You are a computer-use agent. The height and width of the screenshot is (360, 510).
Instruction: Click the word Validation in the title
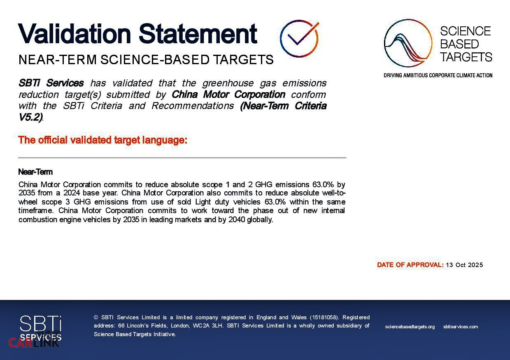[74, 33]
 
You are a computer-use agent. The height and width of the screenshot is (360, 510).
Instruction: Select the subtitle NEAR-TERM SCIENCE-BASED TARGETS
[146, 60]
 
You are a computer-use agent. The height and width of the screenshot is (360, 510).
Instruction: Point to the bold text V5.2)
[30, 117]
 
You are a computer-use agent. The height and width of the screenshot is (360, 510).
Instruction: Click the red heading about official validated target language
[102, 140]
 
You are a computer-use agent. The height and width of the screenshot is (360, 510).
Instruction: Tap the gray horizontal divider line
[182, 158]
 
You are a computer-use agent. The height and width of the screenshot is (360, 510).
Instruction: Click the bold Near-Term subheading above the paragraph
[35, 172]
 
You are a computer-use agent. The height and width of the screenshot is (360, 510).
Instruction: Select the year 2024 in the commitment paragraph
[72, 193]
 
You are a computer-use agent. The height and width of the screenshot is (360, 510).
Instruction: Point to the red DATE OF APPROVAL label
[410, 265]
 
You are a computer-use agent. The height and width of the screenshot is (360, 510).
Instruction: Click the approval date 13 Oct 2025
[464, 265]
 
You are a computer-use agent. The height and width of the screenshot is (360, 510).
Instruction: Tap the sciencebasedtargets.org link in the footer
[410, 327]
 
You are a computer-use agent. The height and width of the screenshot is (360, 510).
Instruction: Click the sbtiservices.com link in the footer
[460, 327]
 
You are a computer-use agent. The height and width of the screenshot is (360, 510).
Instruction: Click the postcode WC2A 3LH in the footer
[207, 325]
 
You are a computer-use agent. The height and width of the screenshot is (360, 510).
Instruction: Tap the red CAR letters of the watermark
[21, 343]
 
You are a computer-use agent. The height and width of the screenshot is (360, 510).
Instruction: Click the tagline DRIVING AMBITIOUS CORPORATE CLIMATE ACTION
[438, 75]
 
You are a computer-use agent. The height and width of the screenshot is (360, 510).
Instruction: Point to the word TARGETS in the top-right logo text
[466, 57]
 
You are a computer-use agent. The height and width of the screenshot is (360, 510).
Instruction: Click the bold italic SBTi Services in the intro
[51, 83]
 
